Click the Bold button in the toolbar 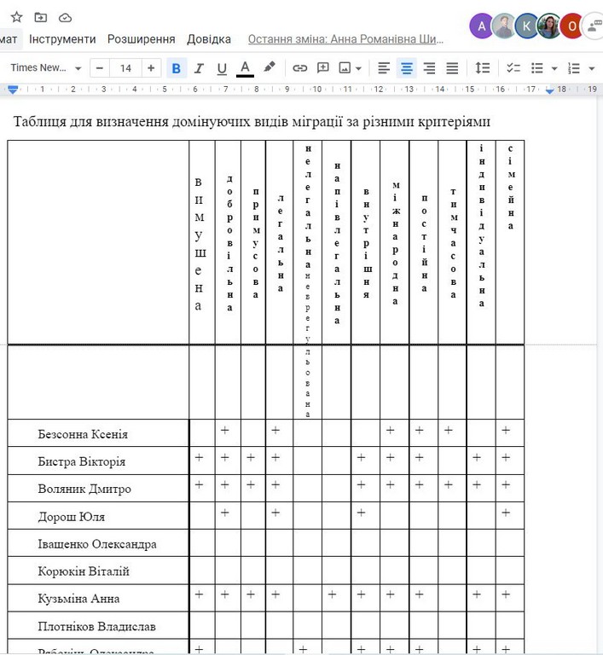tap(177, 68)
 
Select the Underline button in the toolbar tap(222, 68)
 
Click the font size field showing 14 tap(126, 68)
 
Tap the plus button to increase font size tap(152, 68)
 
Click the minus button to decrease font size tap(101, 68)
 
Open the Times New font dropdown tap(47, 68)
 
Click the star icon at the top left tap(16, 17)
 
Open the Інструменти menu tap(62, 39)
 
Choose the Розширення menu tap(141, 39)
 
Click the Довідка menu tap(209, 39)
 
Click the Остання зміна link tap(346, 39)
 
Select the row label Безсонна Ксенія tap(83, 434)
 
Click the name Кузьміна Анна tap(78, 599)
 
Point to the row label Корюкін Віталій tap(84, 571)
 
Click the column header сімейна tap(510, 188)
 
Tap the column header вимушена tap(199, 244)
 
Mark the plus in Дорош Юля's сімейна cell tap(506, 513)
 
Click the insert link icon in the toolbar tap(300, 68)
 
